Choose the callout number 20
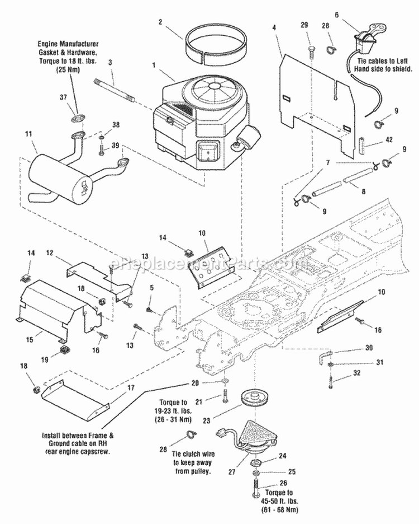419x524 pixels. (194, 383)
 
